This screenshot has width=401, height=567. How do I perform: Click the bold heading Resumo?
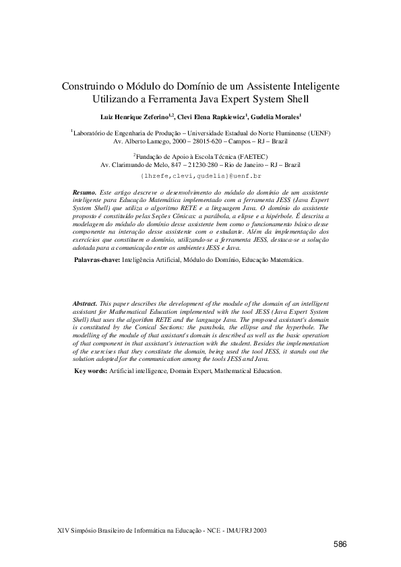click(84, 193)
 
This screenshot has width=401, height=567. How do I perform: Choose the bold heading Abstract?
click(85, 304)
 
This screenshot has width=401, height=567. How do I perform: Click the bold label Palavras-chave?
click(97, 259)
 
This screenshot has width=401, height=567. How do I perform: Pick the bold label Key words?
click(90, 370)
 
